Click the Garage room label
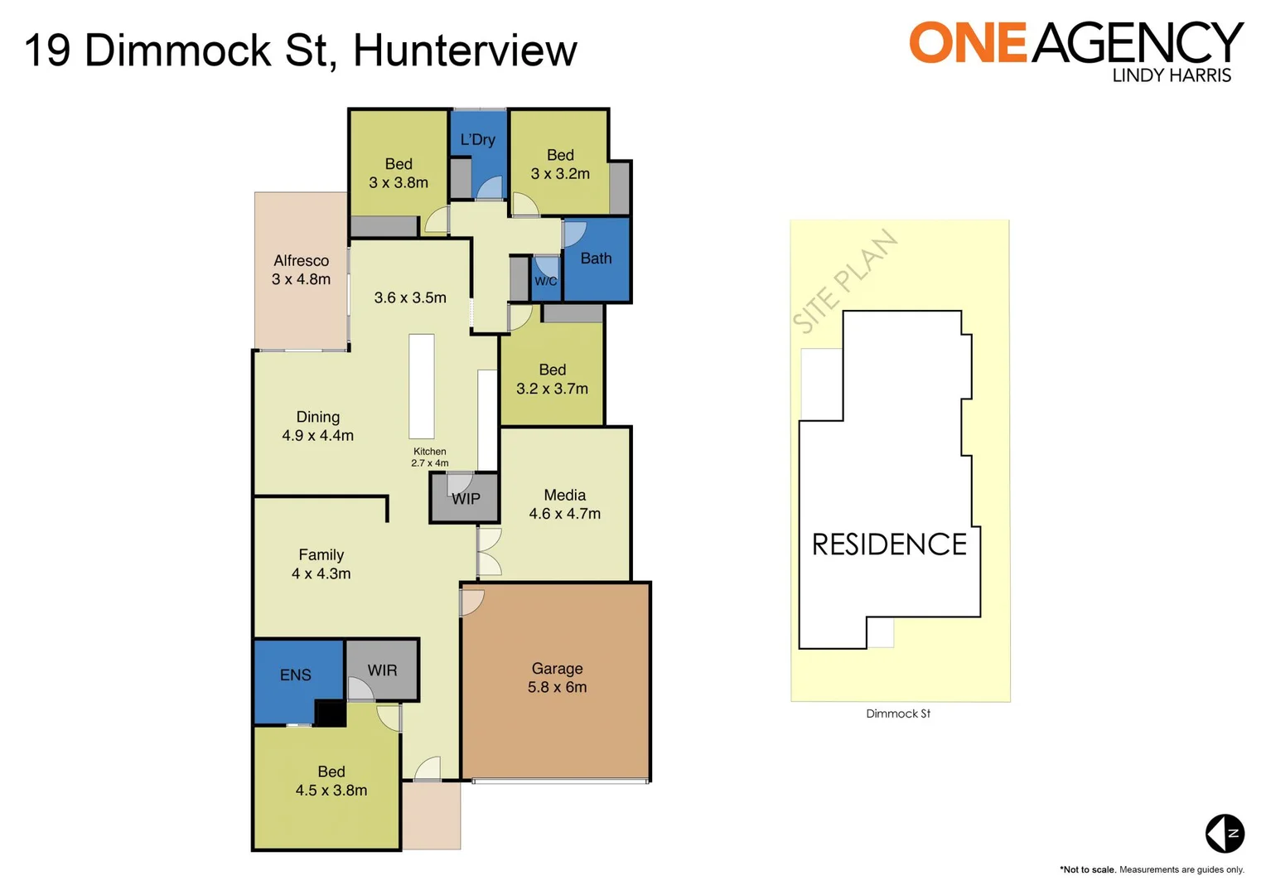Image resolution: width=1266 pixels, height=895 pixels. [x=557, y=668]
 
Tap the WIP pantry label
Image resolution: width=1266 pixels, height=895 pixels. [x=466, y=499]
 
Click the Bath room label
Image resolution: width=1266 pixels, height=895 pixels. [x=596, y=259]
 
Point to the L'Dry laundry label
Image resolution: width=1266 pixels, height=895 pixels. [x=478, y=140]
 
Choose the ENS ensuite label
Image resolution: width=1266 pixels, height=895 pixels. [x=296, y=675]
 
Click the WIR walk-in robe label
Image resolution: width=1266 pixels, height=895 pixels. [x=382, y=670]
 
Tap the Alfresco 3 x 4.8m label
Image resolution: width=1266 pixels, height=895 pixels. [x=301, y=270]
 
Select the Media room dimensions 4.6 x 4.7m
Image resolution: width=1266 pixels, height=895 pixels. [x=565, y=514]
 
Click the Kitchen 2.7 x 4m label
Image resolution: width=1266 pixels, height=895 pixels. [x=430, y=457]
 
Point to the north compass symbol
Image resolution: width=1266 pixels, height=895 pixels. [x=1225, y=833]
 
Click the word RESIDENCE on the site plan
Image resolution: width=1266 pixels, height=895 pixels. [x=889, y=544]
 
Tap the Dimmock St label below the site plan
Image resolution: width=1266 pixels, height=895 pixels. [x=898, y=714]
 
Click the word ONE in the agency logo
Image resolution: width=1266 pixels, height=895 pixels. [x=968, y=43]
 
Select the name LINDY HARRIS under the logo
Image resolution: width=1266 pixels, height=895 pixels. [x=1171, y=75]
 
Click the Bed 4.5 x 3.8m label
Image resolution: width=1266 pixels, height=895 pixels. [x=331, y=781]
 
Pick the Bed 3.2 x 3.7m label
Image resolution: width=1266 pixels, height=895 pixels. [x=552, y=379]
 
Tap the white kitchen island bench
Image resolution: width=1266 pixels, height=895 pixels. [x=422, y=386]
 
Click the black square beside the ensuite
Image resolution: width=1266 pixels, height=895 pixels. [x=330, y=714]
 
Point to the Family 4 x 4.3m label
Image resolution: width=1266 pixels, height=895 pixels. [x=321, y=564]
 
